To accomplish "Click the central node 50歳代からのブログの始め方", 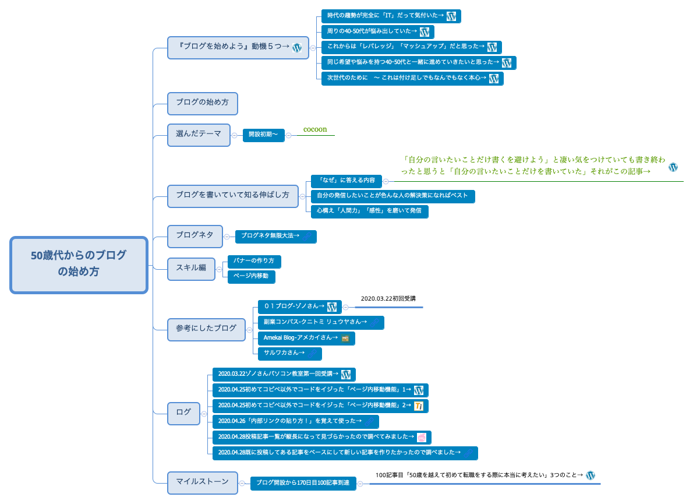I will [79, 264].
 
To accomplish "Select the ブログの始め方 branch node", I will [202, 103].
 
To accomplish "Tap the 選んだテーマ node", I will [199, 134].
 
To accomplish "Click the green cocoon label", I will [315, 129].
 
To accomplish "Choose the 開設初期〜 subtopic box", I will [263, 135].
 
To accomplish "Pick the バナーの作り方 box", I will [254, 260].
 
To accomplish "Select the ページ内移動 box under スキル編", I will [251, 276].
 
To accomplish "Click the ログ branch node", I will [183, 413].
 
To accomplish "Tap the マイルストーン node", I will [202, 482].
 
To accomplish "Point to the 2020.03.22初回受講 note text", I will [388, 299].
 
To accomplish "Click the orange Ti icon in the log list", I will [419, 406].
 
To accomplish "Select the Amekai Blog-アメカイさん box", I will [306, 338].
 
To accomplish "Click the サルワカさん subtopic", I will [289, 353].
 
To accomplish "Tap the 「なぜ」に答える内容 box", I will [346, 181].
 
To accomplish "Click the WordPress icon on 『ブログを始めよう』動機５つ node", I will [296, 48].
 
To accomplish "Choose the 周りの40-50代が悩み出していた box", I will [377, 31].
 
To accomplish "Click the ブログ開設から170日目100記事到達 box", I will [303, 483].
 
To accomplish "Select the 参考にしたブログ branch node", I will [206, 329].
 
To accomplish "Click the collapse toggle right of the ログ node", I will [204, 413].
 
